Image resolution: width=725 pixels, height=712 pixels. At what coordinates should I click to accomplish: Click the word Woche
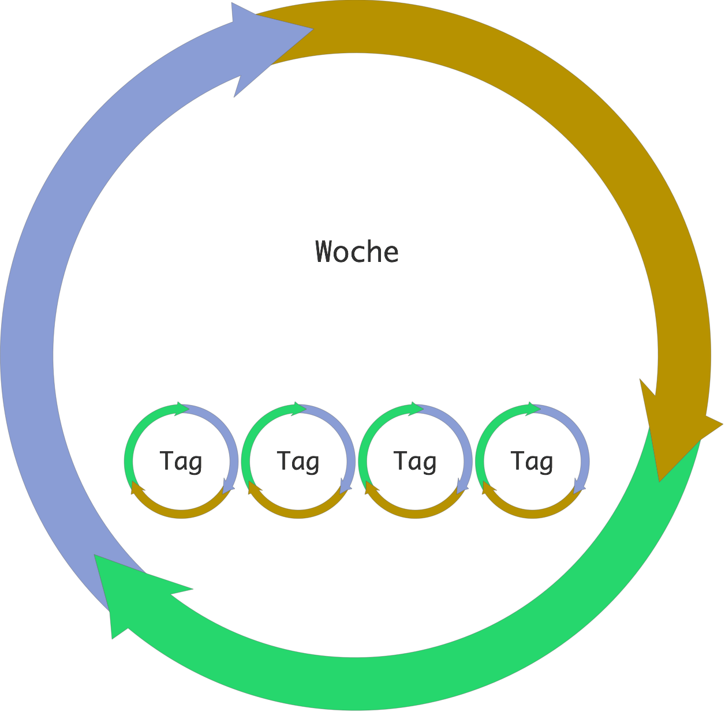tap(357, 252)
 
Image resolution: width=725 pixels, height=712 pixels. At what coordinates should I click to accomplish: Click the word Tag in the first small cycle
tap(181, 461)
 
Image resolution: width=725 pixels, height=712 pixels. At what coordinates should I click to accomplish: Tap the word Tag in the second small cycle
tap(298, 461)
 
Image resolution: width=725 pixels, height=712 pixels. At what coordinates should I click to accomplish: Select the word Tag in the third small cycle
tap(415, 461)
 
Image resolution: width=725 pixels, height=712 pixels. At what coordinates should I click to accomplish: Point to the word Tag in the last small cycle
tap(532, 461)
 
